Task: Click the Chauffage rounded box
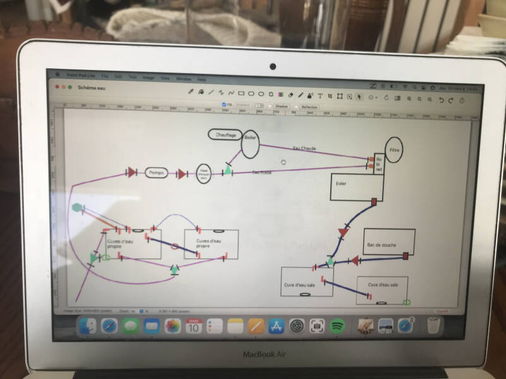[225, 135]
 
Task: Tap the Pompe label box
[156, 172]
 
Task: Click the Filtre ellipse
[394, 150]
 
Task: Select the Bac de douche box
[389, 242]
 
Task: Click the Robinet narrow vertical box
[379, 164]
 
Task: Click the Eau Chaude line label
[304, 148]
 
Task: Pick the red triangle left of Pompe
[132, 172]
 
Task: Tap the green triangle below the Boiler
[228, 169]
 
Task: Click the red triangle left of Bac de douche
[355, 260]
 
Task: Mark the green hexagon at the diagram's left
[77, 207]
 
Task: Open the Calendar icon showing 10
[194, 326]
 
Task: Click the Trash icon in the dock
[433, 325]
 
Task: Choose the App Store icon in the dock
[275, 326]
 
